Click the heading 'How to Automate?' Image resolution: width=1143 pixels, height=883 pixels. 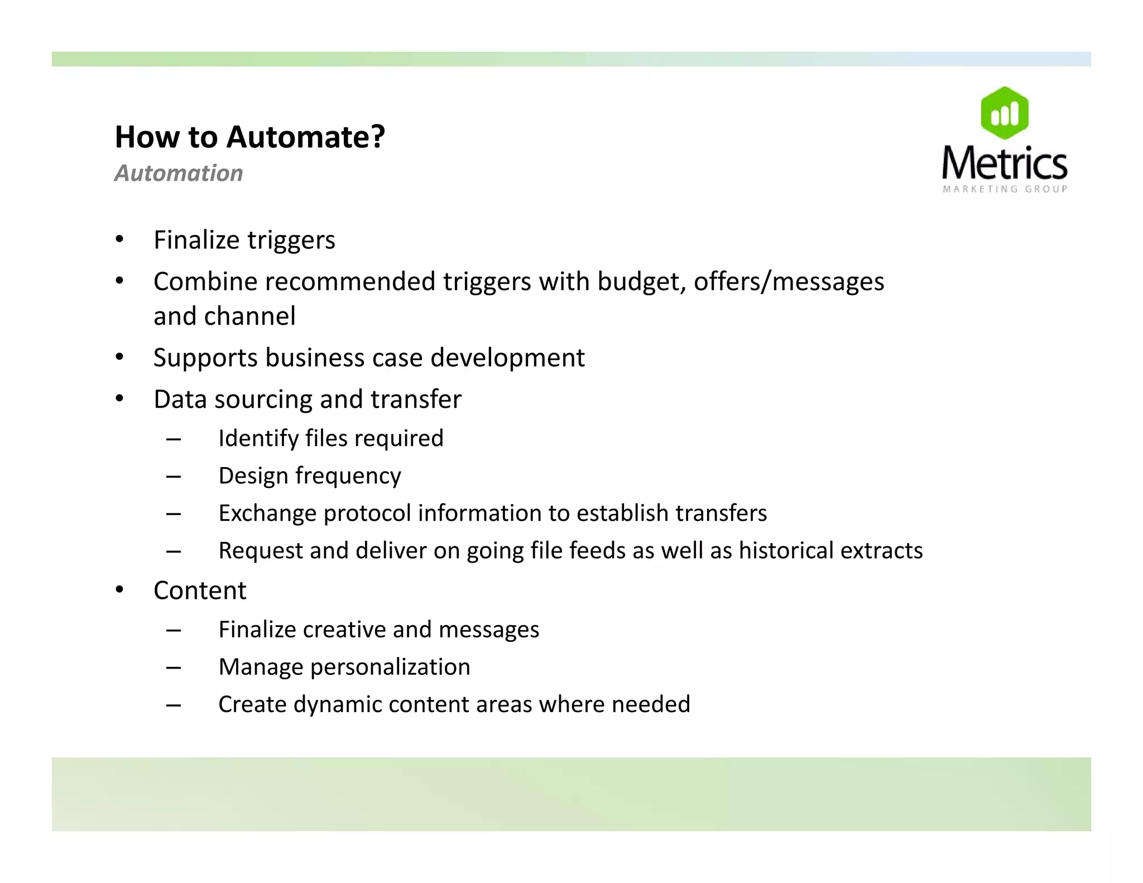tap(249, 137)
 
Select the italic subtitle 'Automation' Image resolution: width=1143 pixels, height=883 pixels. tap(179, 174)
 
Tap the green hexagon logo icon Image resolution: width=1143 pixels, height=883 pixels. tap(1004, 113)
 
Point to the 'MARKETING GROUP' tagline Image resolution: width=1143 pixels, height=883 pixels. tap(1005, 189)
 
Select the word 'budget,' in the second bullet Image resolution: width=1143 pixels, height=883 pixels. tap(641, 281)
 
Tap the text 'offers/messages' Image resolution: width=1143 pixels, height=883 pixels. tap(789, 281)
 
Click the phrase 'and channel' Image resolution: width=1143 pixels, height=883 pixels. tap(224, 316)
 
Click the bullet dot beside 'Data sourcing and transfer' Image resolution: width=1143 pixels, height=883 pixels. tap(119, 399)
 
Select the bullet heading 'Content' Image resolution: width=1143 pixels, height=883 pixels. tap(200, 591)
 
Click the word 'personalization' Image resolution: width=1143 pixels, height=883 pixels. tap(390, 667)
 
